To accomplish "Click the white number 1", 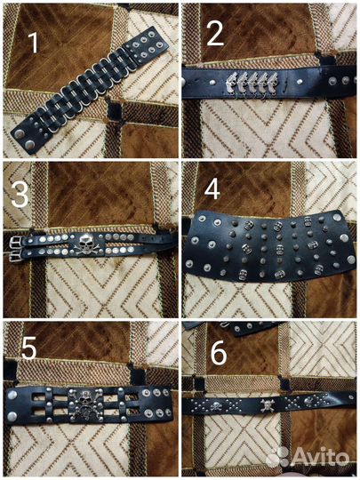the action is [34, 43].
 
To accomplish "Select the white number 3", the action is [20, 195].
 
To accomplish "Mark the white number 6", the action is [219, 353].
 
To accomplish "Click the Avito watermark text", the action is [320, 458].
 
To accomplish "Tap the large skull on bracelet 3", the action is [85, 244].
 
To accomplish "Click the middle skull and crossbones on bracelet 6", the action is [267, 405].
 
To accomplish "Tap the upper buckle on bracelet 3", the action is [17, 243].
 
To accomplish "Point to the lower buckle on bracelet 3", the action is [17, 256].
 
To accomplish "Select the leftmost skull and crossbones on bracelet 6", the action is [216, 406].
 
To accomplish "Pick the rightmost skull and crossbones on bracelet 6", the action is [308, 401].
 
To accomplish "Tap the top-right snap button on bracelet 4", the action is [337, 218].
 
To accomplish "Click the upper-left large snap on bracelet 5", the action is [12, 395].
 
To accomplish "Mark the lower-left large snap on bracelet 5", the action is [12, 416].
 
